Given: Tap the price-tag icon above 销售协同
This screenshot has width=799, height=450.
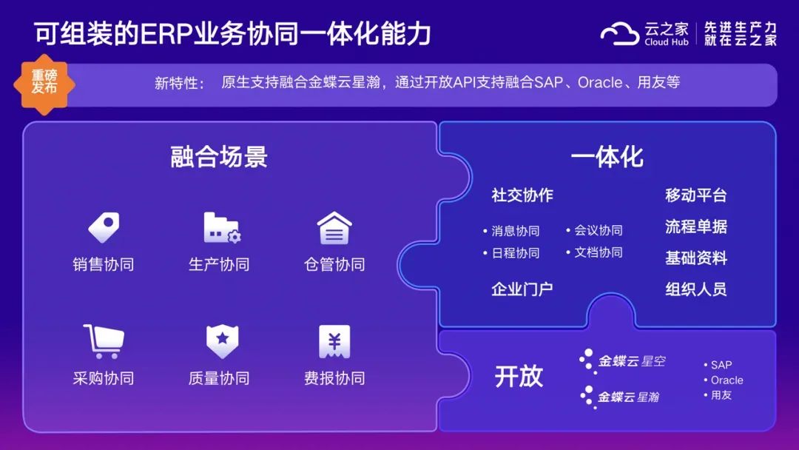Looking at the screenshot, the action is point(104,227).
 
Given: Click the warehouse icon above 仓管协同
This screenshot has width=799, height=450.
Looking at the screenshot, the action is point(334,228).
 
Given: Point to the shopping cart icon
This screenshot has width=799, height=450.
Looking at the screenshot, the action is point(104,341).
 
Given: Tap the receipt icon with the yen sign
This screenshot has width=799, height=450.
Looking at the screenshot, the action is point(334,341).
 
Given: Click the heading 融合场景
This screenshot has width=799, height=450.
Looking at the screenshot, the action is point(218,156).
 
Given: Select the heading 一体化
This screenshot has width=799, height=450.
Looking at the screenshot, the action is point(607,156).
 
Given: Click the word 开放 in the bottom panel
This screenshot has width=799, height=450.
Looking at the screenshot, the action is point(519,377).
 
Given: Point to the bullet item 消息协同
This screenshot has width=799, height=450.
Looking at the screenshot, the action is point(511,231).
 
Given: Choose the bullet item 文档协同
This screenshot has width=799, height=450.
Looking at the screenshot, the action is point(594,252).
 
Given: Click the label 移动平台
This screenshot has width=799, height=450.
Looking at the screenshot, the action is point(696,195).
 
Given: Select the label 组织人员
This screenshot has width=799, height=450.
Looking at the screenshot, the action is point(696,289).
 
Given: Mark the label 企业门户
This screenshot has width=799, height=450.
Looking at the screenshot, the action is point(522,289).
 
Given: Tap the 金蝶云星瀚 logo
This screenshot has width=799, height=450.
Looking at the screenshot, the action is point(619,397).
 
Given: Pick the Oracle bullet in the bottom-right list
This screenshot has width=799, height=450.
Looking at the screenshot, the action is point(724,380).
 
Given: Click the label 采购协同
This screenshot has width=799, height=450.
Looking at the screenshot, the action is point(104,378).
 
